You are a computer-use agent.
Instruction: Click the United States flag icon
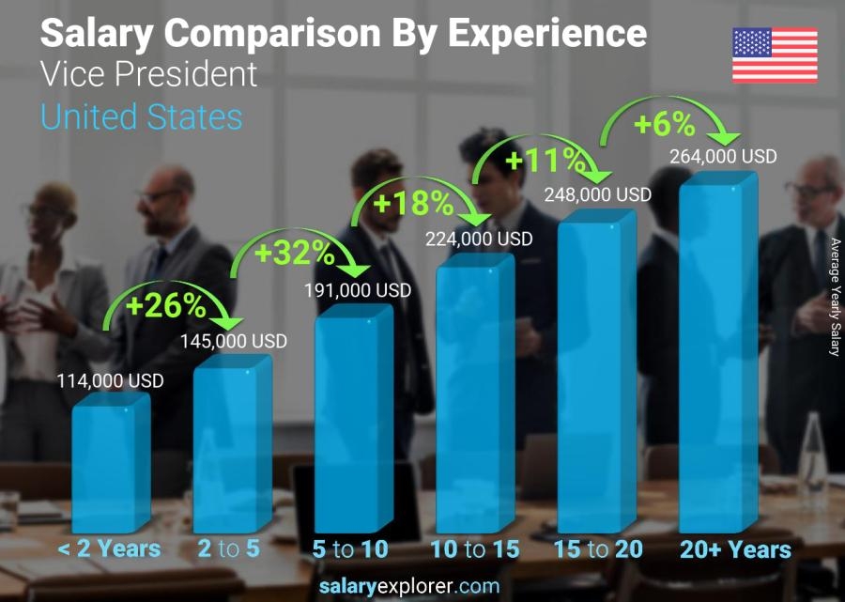[x=775, y=55]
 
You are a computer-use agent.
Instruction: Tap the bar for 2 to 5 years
[x=230, y=446]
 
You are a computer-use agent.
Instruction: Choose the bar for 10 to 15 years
[x=474, y=394]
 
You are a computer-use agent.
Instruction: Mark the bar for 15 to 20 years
[x=595, y=371]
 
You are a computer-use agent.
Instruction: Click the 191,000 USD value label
[x=358, y=291]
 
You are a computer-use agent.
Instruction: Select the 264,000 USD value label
[x=723, y=157]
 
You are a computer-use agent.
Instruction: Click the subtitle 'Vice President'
[x=149, y=74]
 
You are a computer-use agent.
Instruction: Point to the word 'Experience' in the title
[x=546, y=34]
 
